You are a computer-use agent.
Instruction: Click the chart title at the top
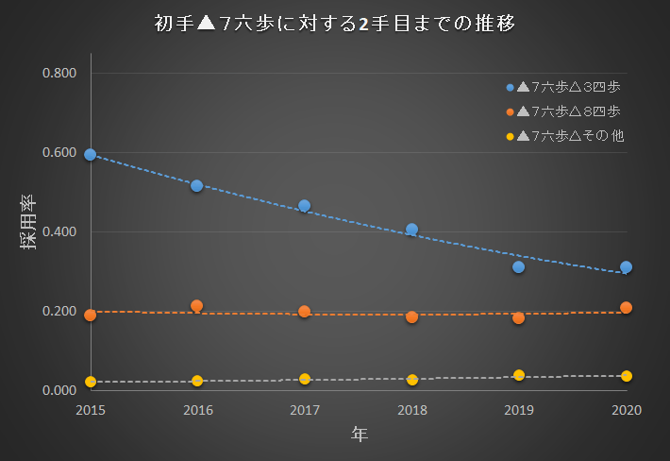[335, 24]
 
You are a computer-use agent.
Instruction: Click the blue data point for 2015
[90, 154]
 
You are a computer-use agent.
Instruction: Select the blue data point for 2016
[197, 185]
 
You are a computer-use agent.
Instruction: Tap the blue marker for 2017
[304, 205]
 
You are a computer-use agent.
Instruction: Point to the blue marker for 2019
[519, 266]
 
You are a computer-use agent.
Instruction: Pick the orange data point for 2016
[197, 305]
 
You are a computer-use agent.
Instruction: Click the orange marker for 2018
[411, 316]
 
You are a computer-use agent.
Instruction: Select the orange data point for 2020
[626, 307]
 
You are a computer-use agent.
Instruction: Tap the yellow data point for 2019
[519, 375]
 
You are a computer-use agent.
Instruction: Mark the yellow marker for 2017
[304, 379]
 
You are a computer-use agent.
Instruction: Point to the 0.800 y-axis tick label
[59, 74]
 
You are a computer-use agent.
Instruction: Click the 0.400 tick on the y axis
[59, 232]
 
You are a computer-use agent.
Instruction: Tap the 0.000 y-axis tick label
[59, 391]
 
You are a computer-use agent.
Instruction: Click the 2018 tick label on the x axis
[411, 410]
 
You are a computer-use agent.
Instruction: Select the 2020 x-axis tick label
[626, 410]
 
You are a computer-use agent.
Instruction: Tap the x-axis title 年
[359, 435]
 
